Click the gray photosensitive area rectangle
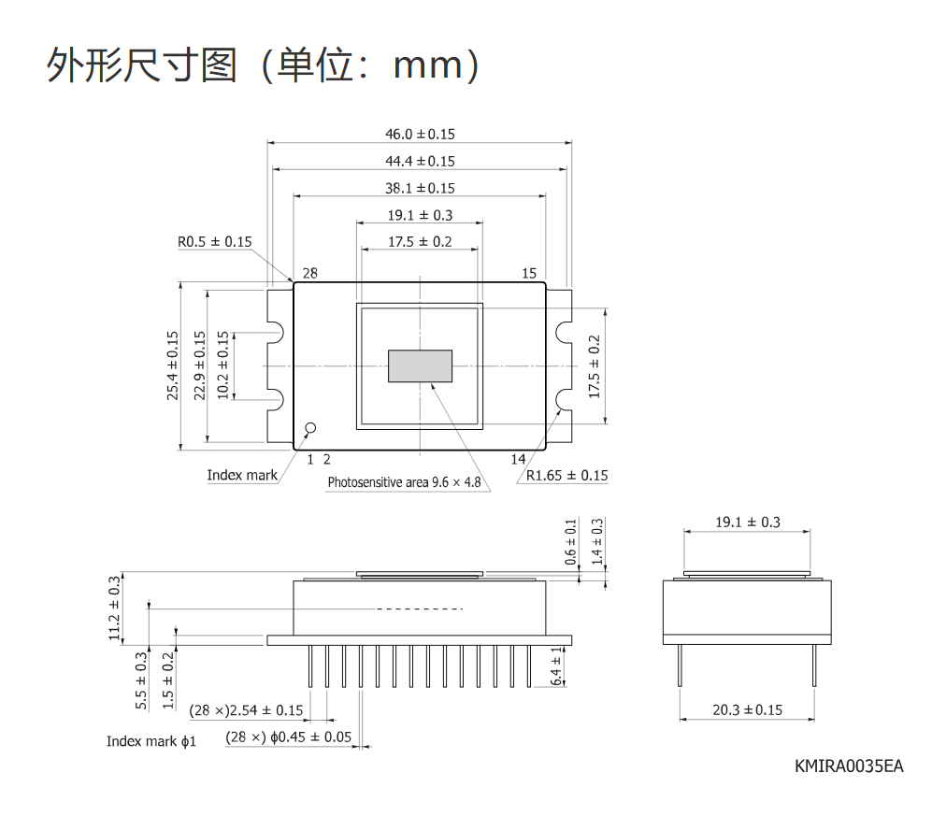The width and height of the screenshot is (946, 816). (x=420, y=365)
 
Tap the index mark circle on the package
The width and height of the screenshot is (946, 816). (x=310, y=428)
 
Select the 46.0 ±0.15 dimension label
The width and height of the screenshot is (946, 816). (x=420, y=134)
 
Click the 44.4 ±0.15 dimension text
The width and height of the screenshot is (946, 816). (x=420, y=161)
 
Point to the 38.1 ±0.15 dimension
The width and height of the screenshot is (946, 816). (x=420, y=188)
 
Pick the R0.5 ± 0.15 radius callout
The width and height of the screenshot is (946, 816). (x=214, y=242)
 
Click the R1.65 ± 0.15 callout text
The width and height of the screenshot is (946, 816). (x=566, y=475)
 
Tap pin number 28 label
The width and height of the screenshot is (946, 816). (x=310, y=273)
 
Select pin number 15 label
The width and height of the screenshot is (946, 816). (x=529, y=273)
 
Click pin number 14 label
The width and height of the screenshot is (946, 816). (x=518, y=459)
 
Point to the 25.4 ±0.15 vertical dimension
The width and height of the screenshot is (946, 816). (x=173, y=365)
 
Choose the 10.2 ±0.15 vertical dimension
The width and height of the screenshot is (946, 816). (x=222, y=365)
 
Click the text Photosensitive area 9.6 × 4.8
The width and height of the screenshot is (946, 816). (x=404, y=482)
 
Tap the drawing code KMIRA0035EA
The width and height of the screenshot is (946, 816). (x=849, y=766)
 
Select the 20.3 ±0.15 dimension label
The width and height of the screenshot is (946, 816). (x=748, y=709)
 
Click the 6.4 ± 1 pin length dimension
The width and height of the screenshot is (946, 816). (x=556, y=666)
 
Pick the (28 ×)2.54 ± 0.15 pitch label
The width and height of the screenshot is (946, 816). (x=246, y=710)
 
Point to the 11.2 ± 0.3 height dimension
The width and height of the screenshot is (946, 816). (x=114, y=608)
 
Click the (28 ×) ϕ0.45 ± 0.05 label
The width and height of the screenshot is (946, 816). (x=289, y=737)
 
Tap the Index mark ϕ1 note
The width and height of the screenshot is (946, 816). (x=151, y=741)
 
